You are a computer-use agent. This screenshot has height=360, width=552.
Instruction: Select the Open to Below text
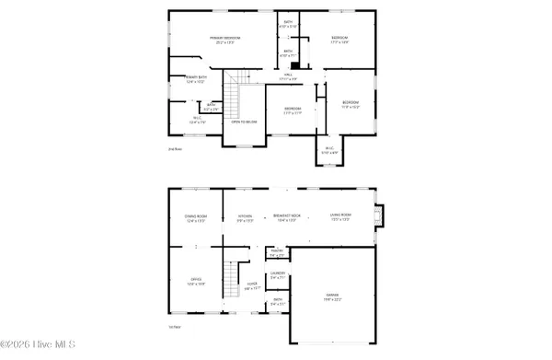point(244,121)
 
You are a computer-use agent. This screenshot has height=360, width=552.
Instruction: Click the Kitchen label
point(245,219)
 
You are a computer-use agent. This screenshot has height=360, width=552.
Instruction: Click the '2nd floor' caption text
point(174,147)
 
